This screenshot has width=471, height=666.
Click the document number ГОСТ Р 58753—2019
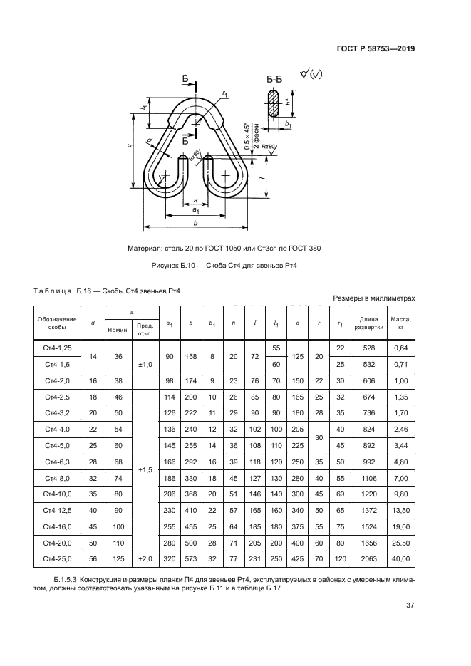376,49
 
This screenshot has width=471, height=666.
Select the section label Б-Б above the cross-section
275,80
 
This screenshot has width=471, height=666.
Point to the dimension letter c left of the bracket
129,145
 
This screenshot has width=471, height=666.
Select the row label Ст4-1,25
58,347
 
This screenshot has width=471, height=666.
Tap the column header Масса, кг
400,323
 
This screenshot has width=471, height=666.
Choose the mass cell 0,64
400,347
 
